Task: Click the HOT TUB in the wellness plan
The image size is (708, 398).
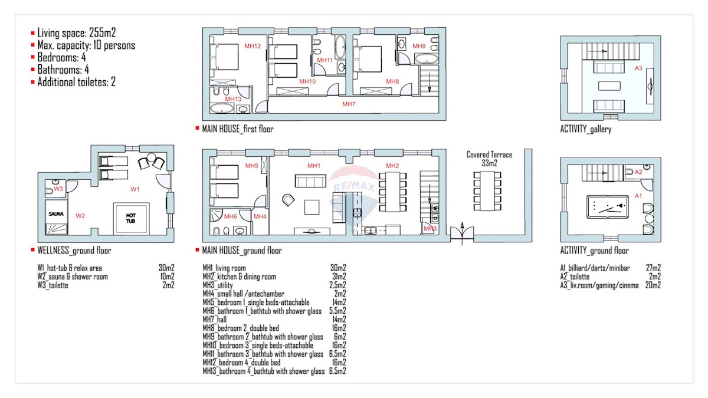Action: (x=131, y=219)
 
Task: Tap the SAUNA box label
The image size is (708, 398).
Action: (x=56, y=214)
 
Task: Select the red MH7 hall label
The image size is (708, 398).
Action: (x=349, y=104)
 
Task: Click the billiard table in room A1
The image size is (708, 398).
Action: (x=607, y=207)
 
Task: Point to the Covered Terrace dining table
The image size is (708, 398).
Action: (x=487, y=191)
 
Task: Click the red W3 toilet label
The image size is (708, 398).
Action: (x=58, y=189)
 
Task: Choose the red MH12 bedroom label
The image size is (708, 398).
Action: (x=253, y=46)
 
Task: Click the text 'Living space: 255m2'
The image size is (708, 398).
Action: (x=77, y=32)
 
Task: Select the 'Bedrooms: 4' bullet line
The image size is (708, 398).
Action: (x=61, y=57)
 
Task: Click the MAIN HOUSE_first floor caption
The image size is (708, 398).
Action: (x=238, y=129)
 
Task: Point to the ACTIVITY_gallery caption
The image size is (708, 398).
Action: (x=586, y=129)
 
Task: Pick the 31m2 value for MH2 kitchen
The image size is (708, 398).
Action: (x=339, y=277)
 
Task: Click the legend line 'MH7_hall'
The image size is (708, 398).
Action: (x=215, y=320)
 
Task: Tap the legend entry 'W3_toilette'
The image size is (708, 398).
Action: (x=53, y=285)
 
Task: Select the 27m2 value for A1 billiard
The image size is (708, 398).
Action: (x=653, y=268)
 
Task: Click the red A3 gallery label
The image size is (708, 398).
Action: (x=638, y=68)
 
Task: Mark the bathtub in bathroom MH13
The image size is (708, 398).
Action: (x=222, y=108)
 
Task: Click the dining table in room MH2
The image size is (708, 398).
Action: (x=392, y=192)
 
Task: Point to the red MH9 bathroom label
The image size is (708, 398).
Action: (x=419, y=46)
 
